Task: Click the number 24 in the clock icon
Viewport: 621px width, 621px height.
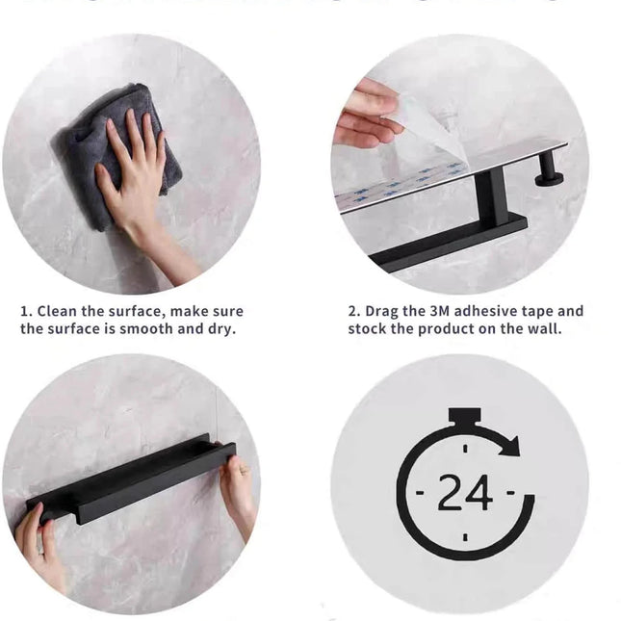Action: [465, 493]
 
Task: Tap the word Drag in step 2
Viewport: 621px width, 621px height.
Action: [382, 311]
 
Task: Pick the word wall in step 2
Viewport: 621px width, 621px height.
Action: [544, 329]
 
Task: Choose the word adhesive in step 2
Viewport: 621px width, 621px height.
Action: [494, 311]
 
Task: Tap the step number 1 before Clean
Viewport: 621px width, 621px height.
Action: [26, 311]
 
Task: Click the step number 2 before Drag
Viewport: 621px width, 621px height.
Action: [353, 311]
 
